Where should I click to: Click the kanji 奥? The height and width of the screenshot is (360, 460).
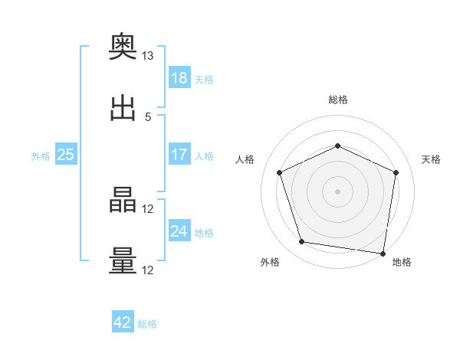pyautogui.click(x=123, y=46)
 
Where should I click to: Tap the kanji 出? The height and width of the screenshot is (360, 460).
pyautogui.click(x=123, y=108)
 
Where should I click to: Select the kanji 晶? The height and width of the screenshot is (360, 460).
pyautogui.click(x=123, y=200)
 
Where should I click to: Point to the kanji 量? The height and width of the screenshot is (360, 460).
pyautogui.click(x=123, y=260)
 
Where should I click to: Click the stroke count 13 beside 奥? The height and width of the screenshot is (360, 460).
pyautogui.click(x=147, y=56)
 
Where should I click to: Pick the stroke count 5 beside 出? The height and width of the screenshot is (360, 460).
pyautogui.click(x=148, y=117)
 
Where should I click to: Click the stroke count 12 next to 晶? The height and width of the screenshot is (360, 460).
pyautogui.click(x=147, y=209)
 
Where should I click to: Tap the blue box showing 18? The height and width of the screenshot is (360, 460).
pyautogui.click(x=179, y=77)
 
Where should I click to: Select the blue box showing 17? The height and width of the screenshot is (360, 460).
pyautogui.click(x=179, y=154)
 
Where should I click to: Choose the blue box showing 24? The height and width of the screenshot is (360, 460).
pyautogui.click(x=179, y=230)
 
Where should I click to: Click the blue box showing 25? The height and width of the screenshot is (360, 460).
pyautogui.click(x=66, y=154)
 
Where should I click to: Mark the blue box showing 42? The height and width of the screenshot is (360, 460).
pyautogui.click(x=123, y=321)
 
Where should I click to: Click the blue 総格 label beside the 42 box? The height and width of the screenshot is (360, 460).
pyautogui.click(x=147, y=324)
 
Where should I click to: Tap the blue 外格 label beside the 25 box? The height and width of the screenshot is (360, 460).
pyautogui.click(x=41, y=156)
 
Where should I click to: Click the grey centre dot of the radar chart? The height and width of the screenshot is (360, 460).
pyautogui.click(x=337, y=191)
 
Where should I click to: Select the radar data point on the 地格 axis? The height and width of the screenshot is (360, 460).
pyautogui.click(x=383, y=254)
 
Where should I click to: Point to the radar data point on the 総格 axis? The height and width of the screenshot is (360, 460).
pyautogui.click(x=337, y=146)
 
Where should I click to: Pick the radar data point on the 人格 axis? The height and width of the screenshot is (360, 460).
pyautogui.click(x=280, y=172)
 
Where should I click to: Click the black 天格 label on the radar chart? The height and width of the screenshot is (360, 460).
pyautogui.click(x=431, y=159)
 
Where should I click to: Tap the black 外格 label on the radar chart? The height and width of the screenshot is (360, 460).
pyautogui.click(x=270, y=262)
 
